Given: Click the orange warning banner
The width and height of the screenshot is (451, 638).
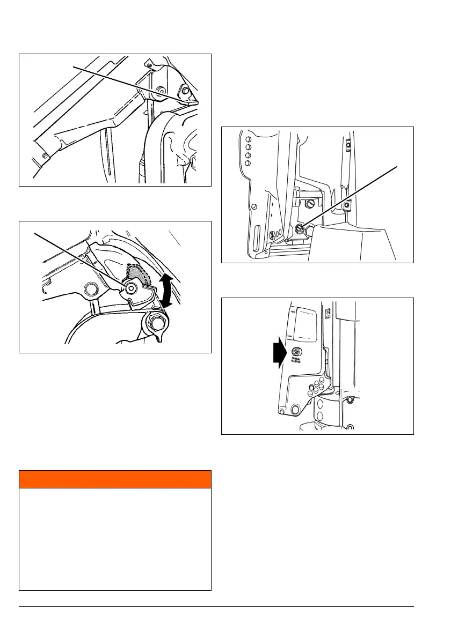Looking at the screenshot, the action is click(115, 479).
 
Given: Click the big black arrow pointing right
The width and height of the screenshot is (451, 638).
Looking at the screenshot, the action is click(279, 355).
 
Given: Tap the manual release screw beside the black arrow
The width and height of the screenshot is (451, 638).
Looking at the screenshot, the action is click(295, 353).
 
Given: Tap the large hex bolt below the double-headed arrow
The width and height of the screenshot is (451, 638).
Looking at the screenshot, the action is click(157, 323).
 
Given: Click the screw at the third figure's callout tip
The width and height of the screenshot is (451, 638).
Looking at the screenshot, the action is click(299, 228).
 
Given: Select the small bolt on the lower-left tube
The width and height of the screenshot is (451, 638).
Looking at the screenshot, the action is click(46, 155).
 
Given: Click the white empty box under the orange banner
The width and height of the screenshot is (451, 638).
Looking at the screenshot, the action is click(115, 538).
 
